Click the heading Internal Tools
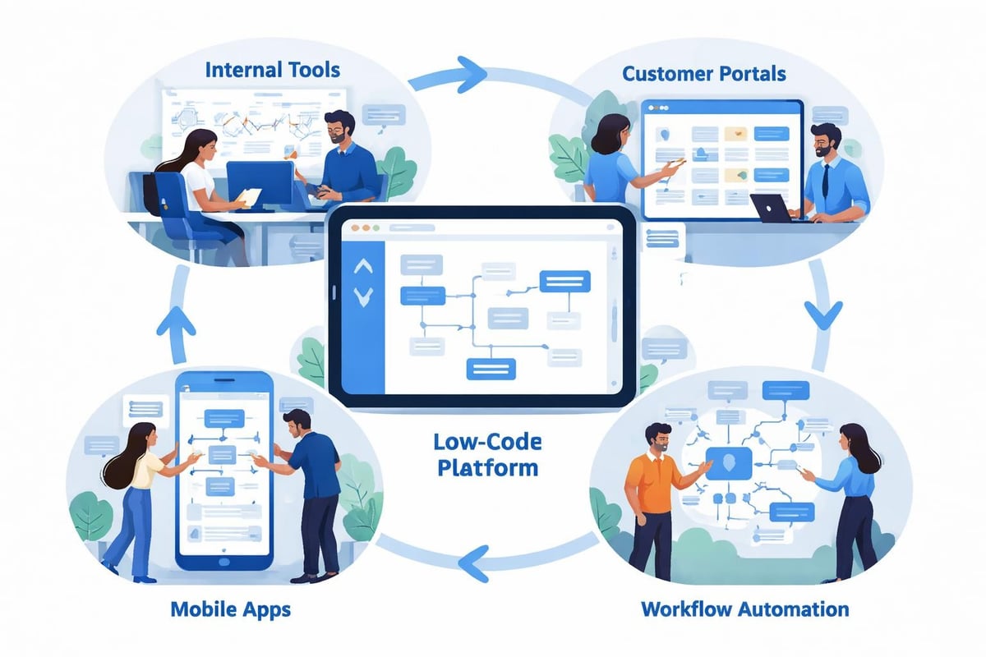tap(272, 69)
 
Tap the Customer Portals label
tap(703, 74)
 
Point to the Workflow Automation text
tap(744, 609)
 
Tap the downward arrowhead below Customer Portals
tap(823, 314)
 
